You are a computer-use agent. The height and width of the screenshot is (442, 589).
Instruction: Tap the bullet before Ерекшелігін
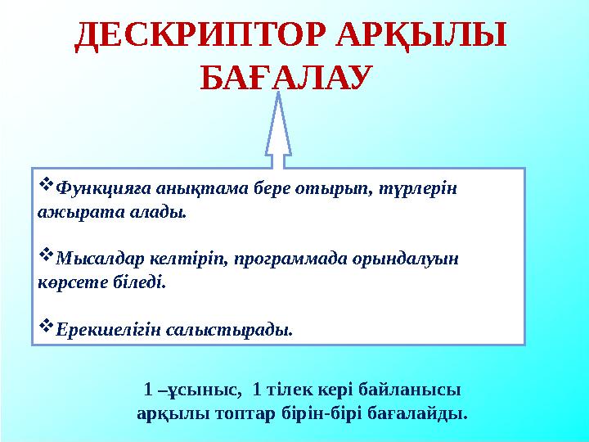coord(46,329)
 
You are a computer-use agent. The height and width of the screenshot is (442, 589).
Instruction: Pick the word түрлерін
coord(422,188)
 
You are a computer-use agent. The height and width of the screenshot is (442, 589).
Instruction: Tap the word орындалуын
coord(403,259)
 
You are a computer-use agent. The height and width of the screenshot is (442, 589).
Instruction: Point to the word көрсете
coord(68,283)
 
